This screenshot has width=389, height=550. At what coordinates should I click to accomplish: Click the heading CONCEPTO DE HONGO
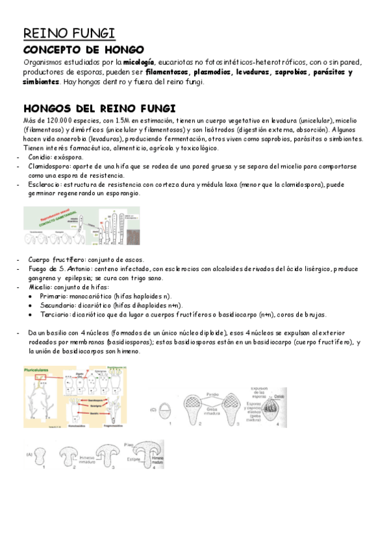(x=84, y=50)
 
